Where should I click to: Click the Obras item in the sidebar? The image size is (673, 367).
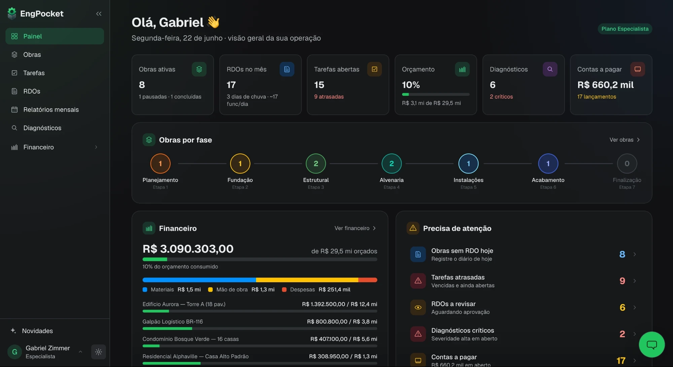(x=32, y=54)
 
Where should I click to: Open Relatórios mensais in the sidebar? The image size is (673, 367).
(x=51, y=110)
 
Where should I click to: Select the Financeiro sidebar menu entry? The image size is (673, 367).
(x=38, y=147)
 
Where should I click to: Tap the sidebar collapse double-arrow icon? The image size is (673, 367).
(x=99, y=14)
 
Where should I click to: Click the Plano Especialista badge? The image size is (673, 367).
(x=625, y=29)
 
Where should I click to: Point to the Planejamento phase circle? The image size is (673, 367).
(x=160, y=163)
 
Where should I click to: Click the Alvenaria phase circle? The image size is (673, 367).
(x=392, y=163)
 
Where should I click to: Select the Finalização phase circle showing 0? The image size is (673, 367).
(x=627, y=163)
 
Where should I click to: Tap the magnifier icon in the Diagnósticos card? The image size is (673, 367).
(x=550, y=69)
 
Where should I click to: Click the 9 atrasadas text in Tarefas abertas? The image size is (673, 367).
(x=329, y=97)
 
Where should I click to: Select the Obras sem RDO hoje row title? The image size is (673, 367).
(x=462, y=251)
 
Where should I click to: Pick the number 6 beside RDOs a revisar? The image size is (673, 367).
(x=622, y=307)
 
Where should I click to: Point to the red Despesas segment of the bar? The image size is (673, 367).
(x=368, y=280)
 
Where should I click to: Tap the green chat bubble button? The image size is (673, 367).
(x=652, y=344)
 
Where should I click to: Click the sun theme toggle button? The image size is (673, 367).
(x=99, y=352)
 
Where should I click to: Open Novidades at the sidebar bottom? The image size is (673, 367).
(x=37, y=331)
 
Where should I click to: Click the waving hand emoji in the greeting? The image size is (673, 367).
(x=213, y=22)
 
